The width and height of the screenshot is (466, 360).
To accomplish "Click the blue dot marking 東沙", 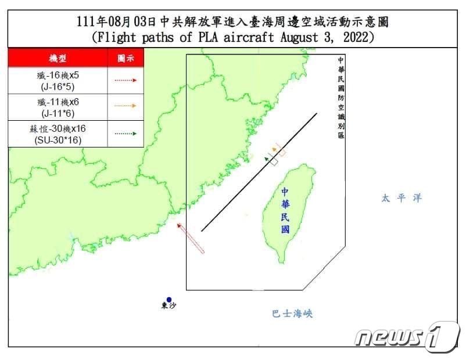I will pos(169,299).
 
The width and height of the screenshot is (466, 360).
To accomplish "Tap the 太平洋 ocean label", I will pos(401,198).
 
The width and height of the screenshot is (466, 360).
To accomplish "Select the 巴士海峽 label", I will pos(292,314).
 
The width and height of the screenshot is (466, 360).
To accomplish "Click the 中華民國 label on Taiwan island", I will pos(285,210).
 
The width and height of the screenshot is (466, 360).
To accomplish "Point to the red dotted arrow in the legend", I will pos(126,80).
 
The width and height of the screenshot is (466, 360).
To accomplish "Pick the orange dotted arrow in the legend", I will pos(126,106).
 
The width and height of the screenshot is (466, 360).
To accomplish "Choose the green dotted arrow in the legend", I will pos(126,133).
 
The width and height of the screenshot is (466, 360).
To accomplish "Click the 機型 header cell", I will pos(58,59).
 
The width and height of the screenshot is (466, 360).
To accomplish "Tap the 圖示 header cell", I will pos(126,59).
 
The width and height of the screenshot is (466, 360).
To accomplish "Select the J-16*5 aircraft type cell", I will pos(58,80).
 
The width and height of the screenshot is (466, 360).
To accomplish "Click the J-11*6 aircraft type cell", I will pos(58,106).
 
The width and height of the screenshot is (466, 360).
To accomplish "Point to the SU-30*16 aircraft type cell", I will pos(58,133).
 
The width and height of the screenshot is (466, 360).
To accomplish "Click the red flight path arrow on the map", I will pos(191,237).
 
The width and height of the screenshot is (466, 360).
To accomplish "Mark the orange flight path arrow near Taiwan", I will pos(279,149).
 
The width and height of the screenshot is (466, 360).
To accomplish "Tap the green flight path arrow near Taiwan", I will pos(271,159).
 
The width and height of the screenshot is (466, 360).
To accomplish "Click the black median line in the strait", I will pos(259,172).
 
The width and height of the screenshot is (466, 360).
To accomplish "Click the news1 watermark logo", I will pos(407,336).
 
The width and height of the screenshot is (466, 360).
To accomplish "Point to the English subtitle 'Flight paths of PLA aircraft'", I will pos(232,37).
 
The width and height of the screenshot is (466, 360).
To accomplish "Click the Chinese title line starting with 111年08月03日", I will pos(232,23).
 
